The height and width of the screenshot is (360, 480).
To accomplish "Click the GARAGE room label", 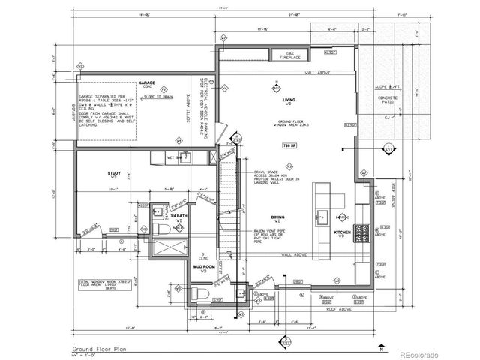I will click(x=146, y=83).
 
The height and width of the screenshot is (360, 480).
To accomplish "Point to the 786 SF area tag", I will click(x=286, y=145).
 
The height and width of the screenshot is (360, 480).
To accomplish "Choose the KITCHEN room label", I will click(x=342, y=233).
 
